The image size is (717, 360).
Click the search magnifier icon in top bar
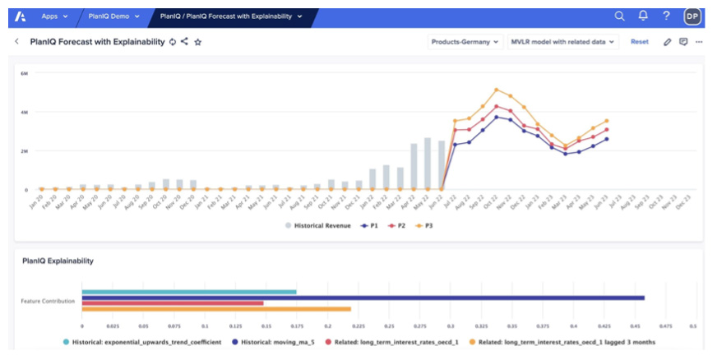pyautogui.click(x=620, y=16)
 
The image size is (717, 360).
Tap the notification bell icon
pyautogui.click(x=643, y=16)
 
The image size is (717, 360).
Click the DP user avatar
pyautogui.click(x=692, y=16)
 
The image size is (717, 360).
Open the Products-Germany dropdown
pyautogui.click(x=465, y=41)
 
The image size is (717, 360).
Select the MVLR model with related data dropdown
pyautogui.click(x=562, y=41)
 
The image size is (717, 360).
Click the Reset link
pyautogui.click(x=639, y=41)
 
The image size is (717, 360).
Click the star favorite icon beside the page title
pyautogui.click(x=198, y=42)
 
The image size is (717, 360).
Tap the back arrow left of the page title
pyautogui.click(x=16, y=41)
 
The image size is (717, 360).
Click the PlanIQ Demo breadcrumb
pyautogui.click(x=113, y=16)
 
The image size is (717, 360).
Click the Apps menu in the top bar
pyautogui.click(x=53, y=16)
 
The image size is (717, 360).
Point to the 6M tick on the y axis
pyautogui.click(x=25, y=73)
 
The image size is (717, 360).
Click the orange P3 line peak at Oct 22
pyautogui.click(x=497, y=90)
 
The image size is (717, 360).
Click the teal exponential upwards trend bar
pyautogui.click(x=189, y=292)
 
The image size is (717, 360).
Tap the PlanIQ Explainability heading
pyautogui.click(x=58, y=261)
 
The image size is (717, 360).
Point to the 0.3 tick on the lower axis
pyautogui.click(x=450, y=325)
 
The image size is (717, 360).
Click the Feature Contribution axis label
pyautogui.click(x=48, y=301)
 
